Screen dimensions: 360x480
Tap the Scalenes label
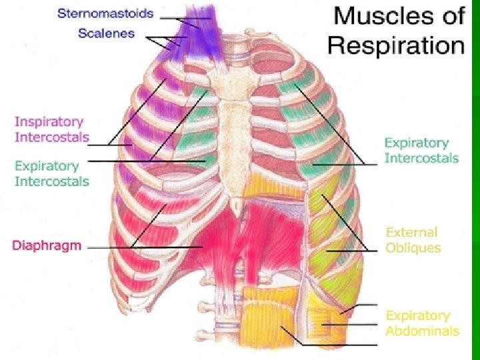106,33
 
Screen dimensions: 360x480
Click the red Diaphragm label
47,245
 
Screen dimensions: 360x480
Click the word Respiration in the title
396,45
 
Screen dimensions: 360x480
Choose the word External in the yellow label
411,233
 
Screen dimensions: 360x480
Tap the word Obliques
413,248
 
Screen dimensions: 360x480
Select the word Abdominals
422,331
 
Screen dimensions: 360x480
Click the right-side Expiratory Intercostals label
421,150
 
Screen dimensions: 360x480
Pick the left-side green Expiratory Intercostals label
51,173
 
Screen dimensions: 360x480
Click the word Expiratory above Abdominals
417,315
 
